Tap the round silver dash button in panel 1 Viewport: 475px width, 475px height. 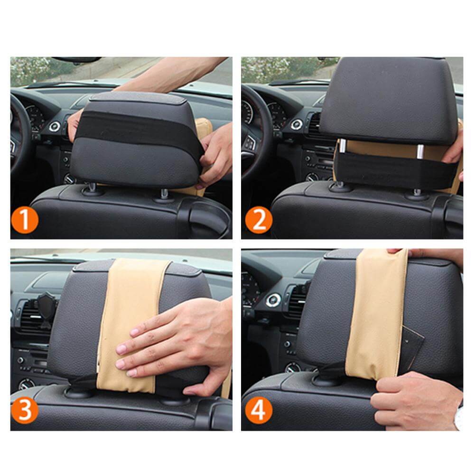click(x=53, y=126)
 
